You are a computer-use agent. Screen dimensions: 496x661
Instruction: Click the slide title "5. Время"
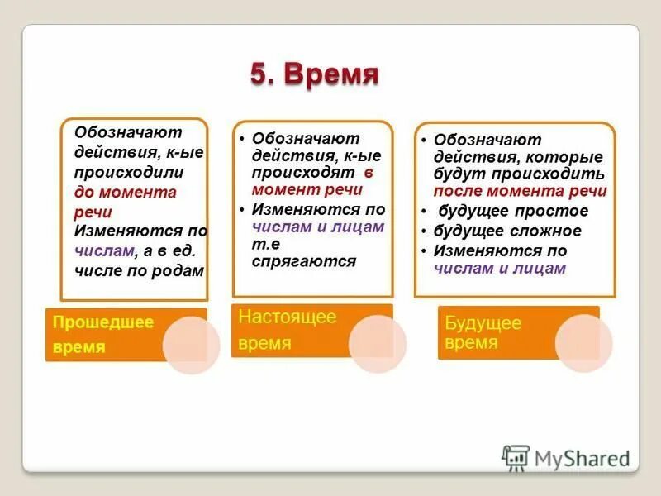click(x=314, y=75)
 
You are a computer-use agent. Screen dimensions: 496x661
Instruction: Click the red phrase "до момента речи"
click(x=126, y=201)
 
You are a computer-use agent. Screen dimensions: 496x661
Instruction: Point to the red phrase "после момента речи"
click(x=521, y=191)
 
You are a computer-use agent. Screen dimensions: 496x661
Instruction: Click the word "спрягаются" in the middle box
click(x=304, y=261)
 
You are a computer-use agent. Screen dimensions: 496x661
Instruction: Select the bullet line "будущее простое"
click(x=513, y=211)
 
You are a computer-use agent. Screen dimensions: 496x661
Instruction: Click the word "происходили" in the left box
click(x=129, y=172)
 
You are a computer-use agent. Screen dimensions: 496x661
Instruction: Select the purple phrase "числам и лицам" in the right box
click(x=500, y=268)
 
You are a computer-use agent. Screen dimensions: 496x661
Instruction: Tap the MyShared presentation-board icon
click(x=516, y=457)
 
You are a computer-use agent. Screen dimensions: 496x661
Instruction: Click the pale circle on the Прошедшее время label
click(x=191, y=346)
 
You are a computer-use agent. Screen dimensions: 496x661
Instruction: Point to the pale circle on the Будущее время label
click(x=583, y=342)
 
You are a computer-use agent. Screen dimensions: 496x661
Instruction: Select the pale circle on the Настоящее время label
click(x=377, y=343)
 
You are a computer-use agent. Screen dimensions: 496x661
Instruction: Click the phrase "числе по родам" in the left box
click(x=139, y=270)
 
